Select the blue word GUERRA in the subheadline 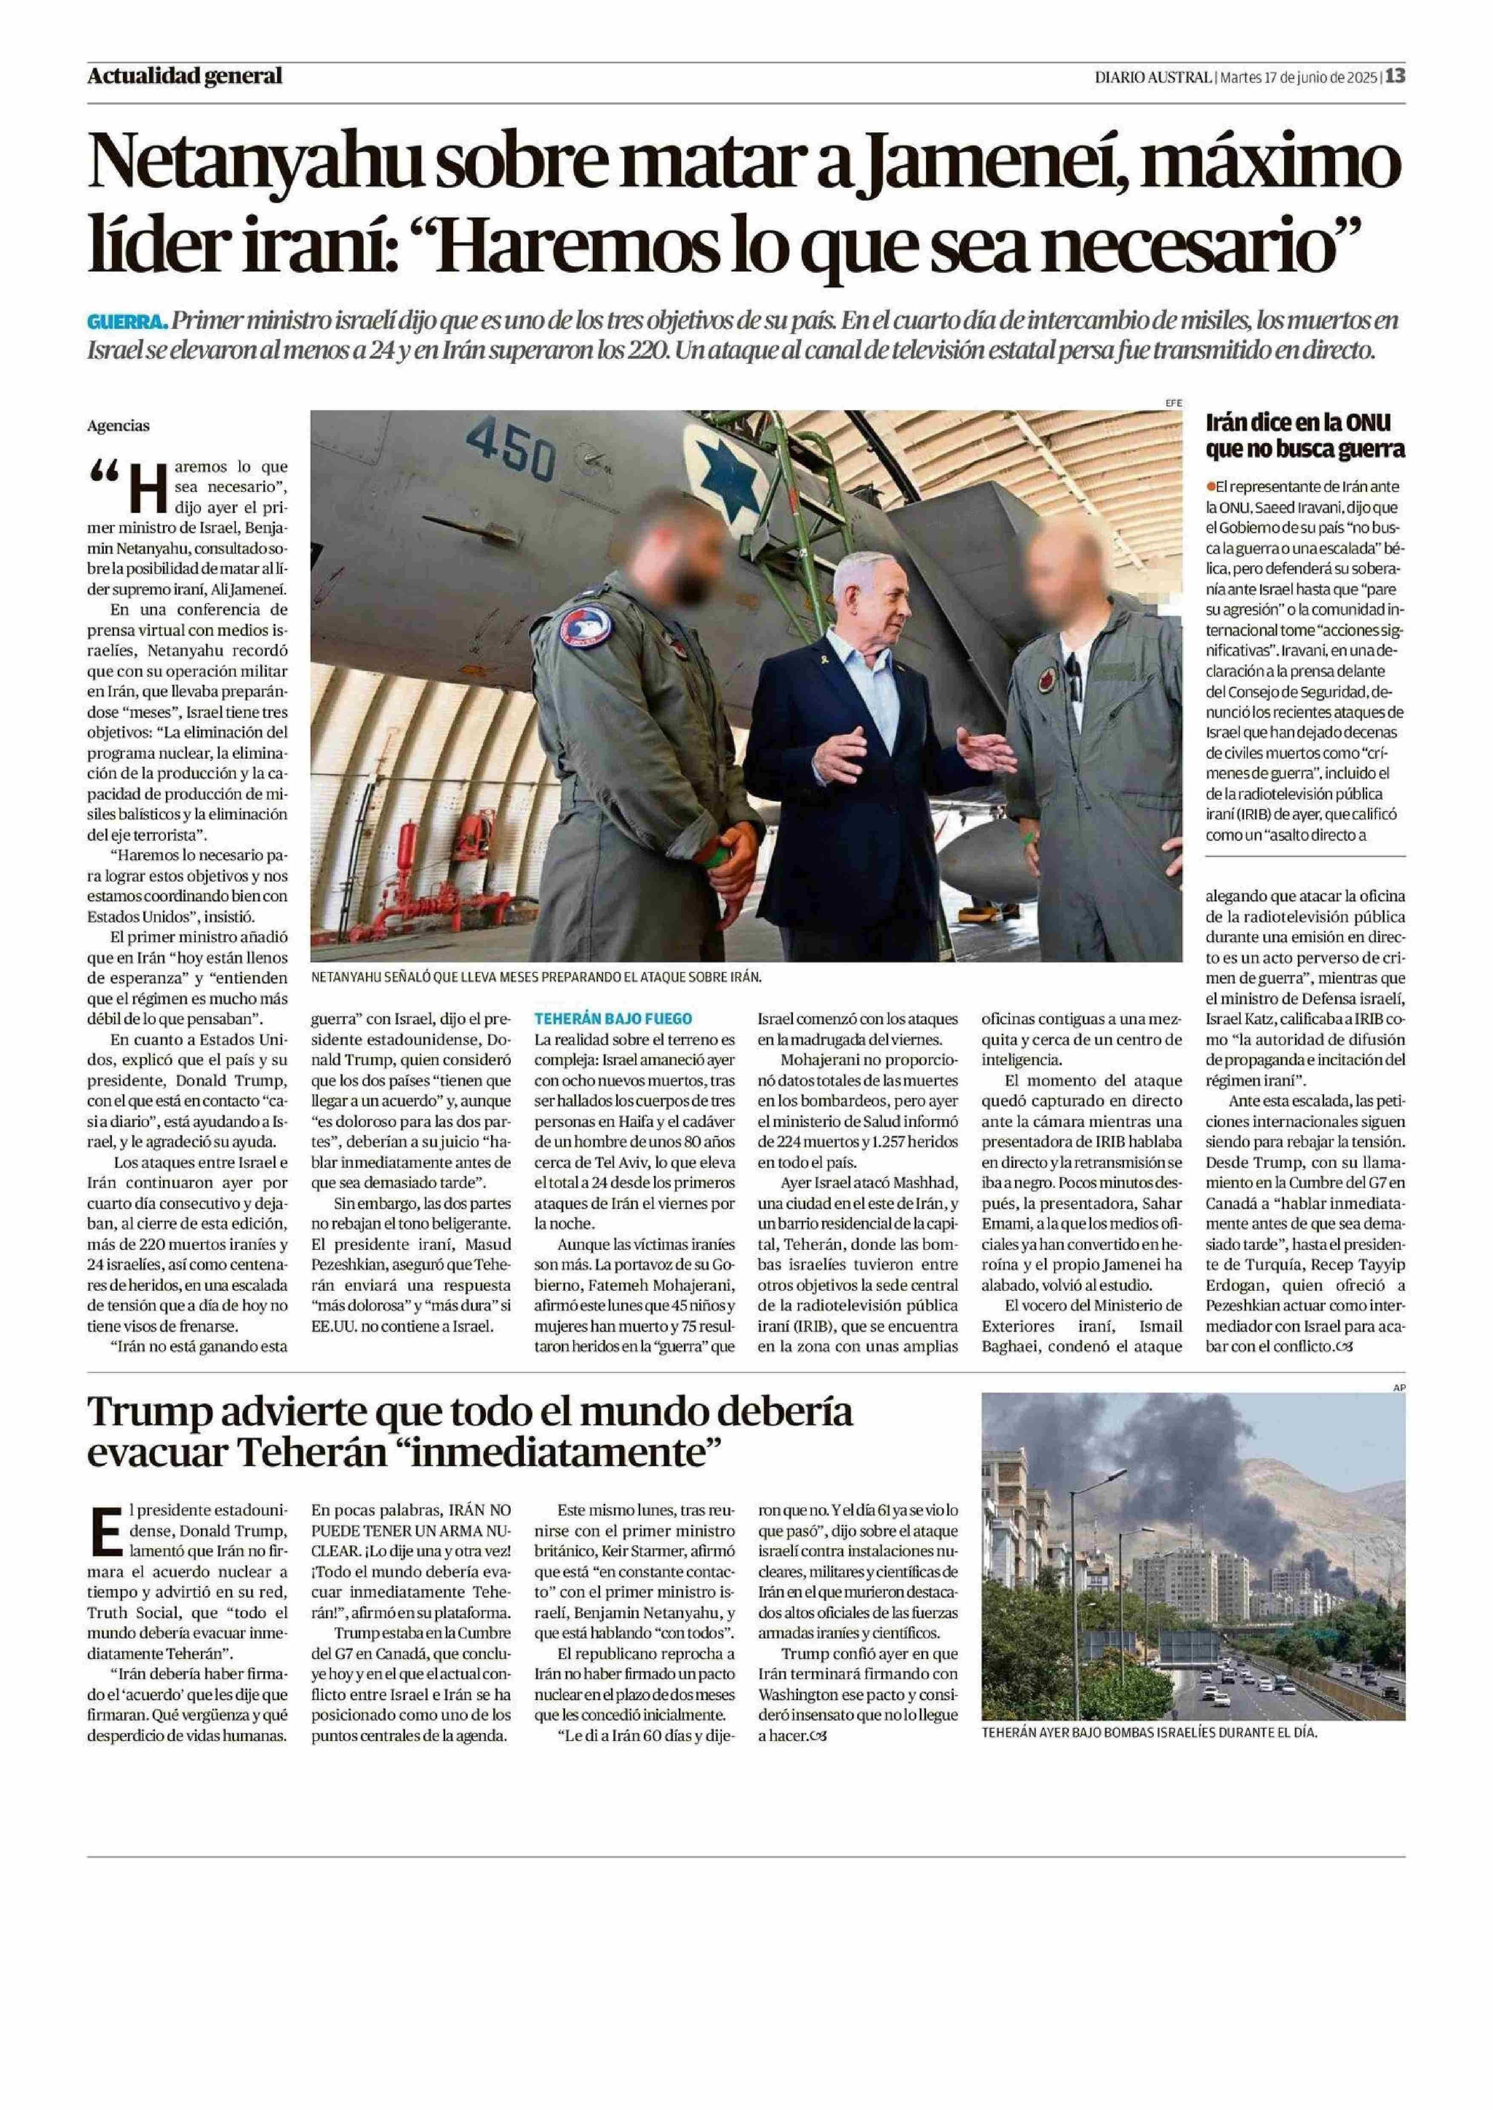[127, 322]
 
